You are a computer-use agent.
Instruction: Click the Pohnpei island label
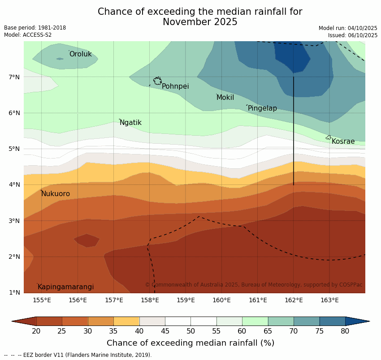coord(175,86)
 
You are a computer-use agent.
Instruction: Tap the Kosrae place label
coord(343,141)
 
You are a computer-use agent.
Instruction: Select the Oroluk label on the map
coord(80,54)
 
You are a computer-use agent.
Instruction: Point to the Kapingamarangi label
coord(65,287)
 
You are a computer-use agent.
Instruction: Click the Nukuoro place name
coord(56,194)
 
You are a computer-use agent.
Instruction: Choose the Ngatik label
coord(130,123)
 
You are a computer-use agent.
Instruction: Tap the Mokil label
coord(225,98)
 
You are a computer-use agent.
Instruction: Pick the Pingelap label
coord(262,108)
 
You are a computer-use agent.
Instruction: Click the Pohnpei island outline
coord(157,81)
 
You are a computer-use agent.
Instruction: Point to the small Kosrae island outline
coord(329,137)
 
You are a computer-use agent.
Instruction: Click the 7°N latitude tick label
coord(14,77)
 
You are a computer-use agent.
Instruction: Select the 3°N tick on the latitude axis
coord(14,221)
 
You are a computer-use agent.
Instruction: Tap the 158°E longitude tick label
coord(150,300)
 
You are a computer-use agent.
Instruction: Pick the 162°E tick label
coord(294,300)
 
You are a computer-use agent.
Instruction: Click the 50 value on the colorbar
coord(190,331)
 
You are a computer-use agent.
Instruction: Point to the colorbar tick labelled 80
coord(345,331)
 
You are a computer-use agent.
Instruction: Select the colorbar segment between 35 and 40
coord(126,321)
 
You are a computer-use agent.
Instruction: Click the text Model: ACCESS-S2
coord(28,35)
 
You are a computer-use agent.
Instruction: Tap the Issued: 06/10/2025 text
coord(352,35)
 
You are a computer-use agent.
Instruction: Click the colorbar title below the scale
coord(190,343)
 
